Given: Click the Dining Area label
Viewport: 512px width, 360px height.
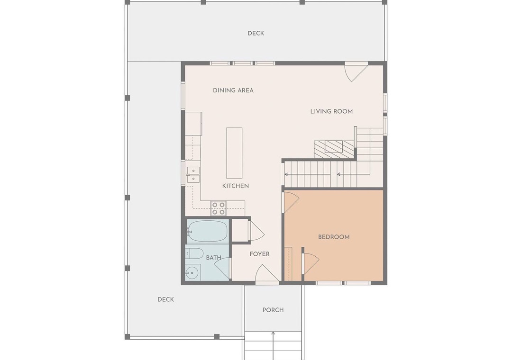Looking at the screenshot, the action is pos(233,90).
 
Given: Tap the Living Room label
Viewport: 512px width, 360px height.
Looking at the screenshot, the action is pos(331,111).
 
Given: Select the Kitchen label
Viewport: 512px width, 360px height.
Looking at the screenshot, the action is pos(236,186).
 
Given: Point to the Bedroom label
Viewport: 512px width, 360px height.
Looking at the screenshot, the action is pos(334,237).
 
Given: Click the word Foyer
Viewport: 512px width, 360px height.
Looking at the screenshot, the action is pos(260,254).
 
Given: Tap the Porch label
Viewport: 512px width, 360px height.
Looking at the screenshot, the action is pos(273,310).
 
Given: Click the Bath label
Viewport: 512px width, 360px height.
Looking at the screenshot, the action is pos(213,258).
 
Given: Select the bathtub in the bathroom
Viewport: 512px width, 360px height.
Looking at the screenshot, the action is pos(207,232).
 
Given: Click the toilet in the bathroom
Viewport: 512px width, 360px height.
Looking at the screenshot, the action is pos(194,253).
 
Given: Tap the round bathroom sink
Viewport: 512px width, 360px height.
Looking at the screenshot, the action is pos(192,273).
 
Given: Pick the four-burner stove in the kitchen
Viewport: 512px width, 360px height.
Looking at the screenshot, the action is pos(219,208).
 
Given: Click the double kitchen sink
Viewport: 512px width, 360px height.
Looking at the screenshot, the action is pos(193,175).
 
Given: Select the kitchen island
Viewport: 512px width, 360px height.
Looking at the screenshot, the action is pos(235,153).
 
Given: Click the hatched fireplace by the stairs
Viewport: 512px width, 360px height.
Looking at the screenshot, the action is pos(334,150).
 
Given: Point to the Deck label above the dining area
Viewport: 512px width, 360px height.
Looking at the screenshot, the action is pos(256,33).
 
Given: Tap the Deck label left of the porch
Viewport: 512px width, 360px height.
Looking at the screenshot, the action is pos(166,300).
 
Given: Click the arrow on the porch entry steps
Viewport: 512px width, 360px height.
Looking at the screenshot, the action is pos(273,346).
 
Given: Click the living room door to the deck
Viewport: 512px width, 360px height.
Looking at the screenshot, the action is pos(356,72).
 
